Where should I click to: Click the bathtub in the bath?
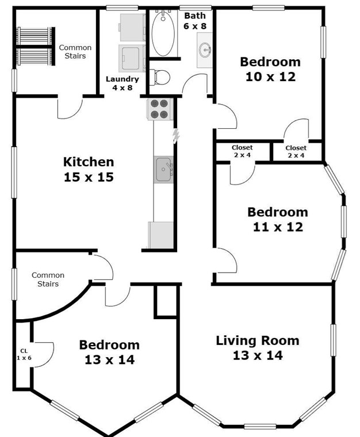point(163,33)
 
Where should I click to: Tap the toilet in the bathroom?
point(160,77)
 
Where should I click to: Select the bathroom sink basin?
point(205,50)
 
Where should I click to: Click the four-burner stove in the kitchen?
point(160,109)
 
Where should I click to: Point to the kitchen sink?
point(164,170)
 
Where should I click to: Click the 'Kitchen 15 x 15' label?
point(89,170)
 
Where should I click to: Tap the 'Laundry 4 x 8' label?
point(122,83)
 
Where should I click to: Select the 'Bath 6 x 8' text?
point(195,21)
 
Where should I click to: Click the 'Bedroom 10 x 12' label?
point(270,69)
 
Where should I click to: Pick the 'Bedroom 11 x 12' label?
point(278,219)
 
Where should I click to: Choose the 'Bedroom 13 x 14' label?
point(109,352)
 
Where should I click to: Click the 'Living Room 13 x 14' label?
point(258,348)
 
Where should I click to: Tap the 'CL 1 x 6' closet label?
point(24,354)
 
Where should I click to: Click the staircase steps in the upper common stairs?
point(36,46)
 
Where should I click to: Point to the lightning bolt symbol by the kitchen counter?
point(176,136)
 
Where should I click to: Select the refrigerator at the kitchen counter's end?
point(161,235)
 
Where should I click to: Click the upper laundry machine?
point(132,28)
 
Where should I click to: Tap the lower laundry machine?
point(132,58)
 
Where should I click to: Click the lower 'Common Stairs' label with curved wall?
point(48,279)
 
